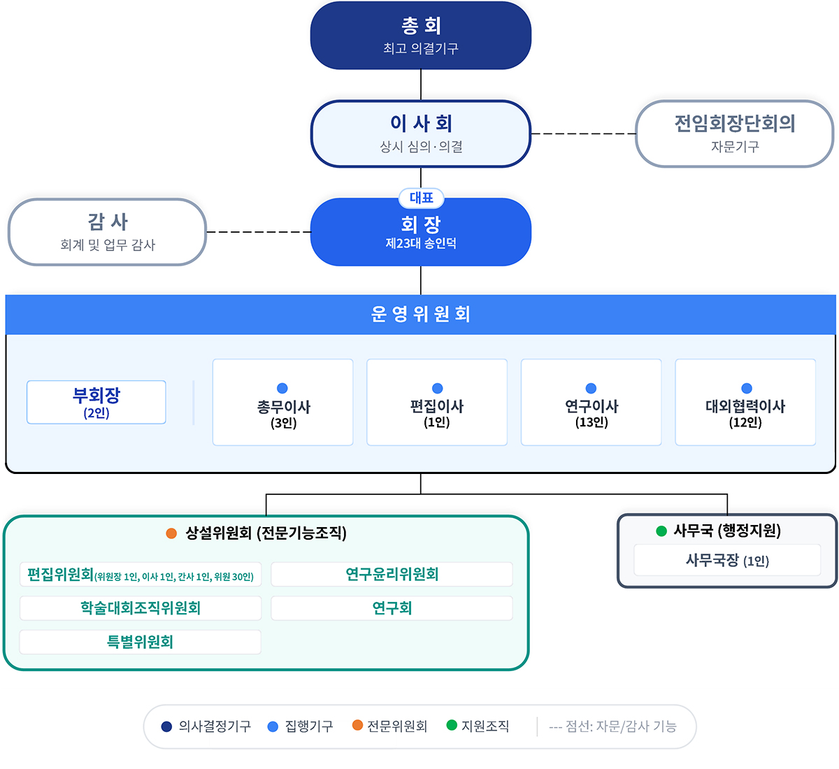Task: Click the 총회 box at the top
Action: point(421,36)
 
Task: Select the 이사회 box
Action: point(421,134)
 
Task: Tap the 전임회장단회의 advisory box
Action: point(735,134)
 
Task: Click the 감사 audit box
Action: point(107,232)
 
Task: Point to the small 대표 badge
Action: point(422,198)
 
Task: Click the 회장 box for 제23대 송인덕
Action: point(421,233)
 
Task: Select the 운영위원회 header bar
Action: point(421,315)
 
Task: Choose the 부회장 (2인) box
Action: point(96,402)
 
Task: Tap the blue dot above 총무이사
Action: point(282,388)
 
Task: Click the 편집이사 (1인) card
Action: point(437,403)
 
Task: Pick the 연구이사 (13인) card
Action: point(591,403)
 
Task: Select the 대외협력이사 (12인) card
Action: point(745,403)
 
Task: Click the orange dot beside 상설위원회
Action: point(171,533)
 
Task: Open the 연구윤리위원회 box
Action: point(392,575)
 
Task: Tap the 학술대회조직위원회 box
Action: point(141,608)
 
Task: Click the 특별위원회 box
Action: point(141,642)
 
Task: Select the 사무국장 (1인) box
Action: point(727,561)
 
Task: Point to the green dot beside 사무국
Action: point(661,531)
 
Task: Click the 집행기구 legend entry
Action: point(301,726)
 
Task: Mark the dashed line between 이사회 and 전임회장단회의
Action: point(583,134)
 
